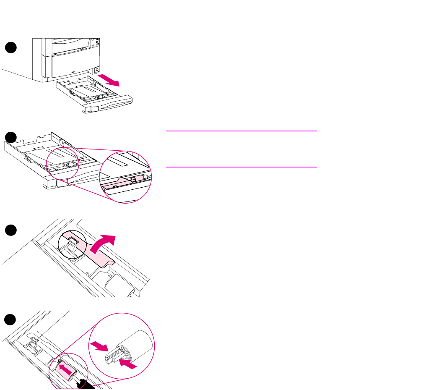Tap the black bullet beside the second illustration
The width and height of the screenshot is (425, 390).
[12, 137]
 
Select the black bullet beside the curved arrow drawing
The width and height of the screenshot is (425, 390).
[12, 230]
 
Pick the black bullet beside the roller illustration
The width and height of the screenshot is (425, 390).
[12, 320]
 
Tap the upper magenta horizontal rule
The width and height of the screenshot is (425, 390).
[241, 131]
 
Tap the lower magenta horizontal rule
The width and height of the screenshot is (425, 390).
[241, 167]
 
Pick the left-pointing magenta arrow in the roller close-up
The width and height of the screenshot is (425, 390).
[128, 362]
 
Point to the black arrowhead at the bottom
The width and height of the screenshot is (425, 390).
[86, 384]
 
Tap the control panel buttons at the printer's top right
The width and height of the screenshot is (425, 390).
[97, 43]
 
